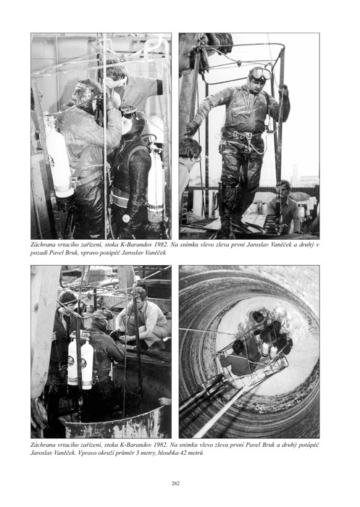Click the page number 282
175,484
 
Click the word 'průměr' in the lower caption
126,453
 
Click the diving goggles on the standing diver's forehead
261,74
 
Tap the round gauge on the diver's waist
126,219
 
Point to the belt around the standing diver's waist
242,134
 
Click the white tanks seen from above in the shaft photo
269,350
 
